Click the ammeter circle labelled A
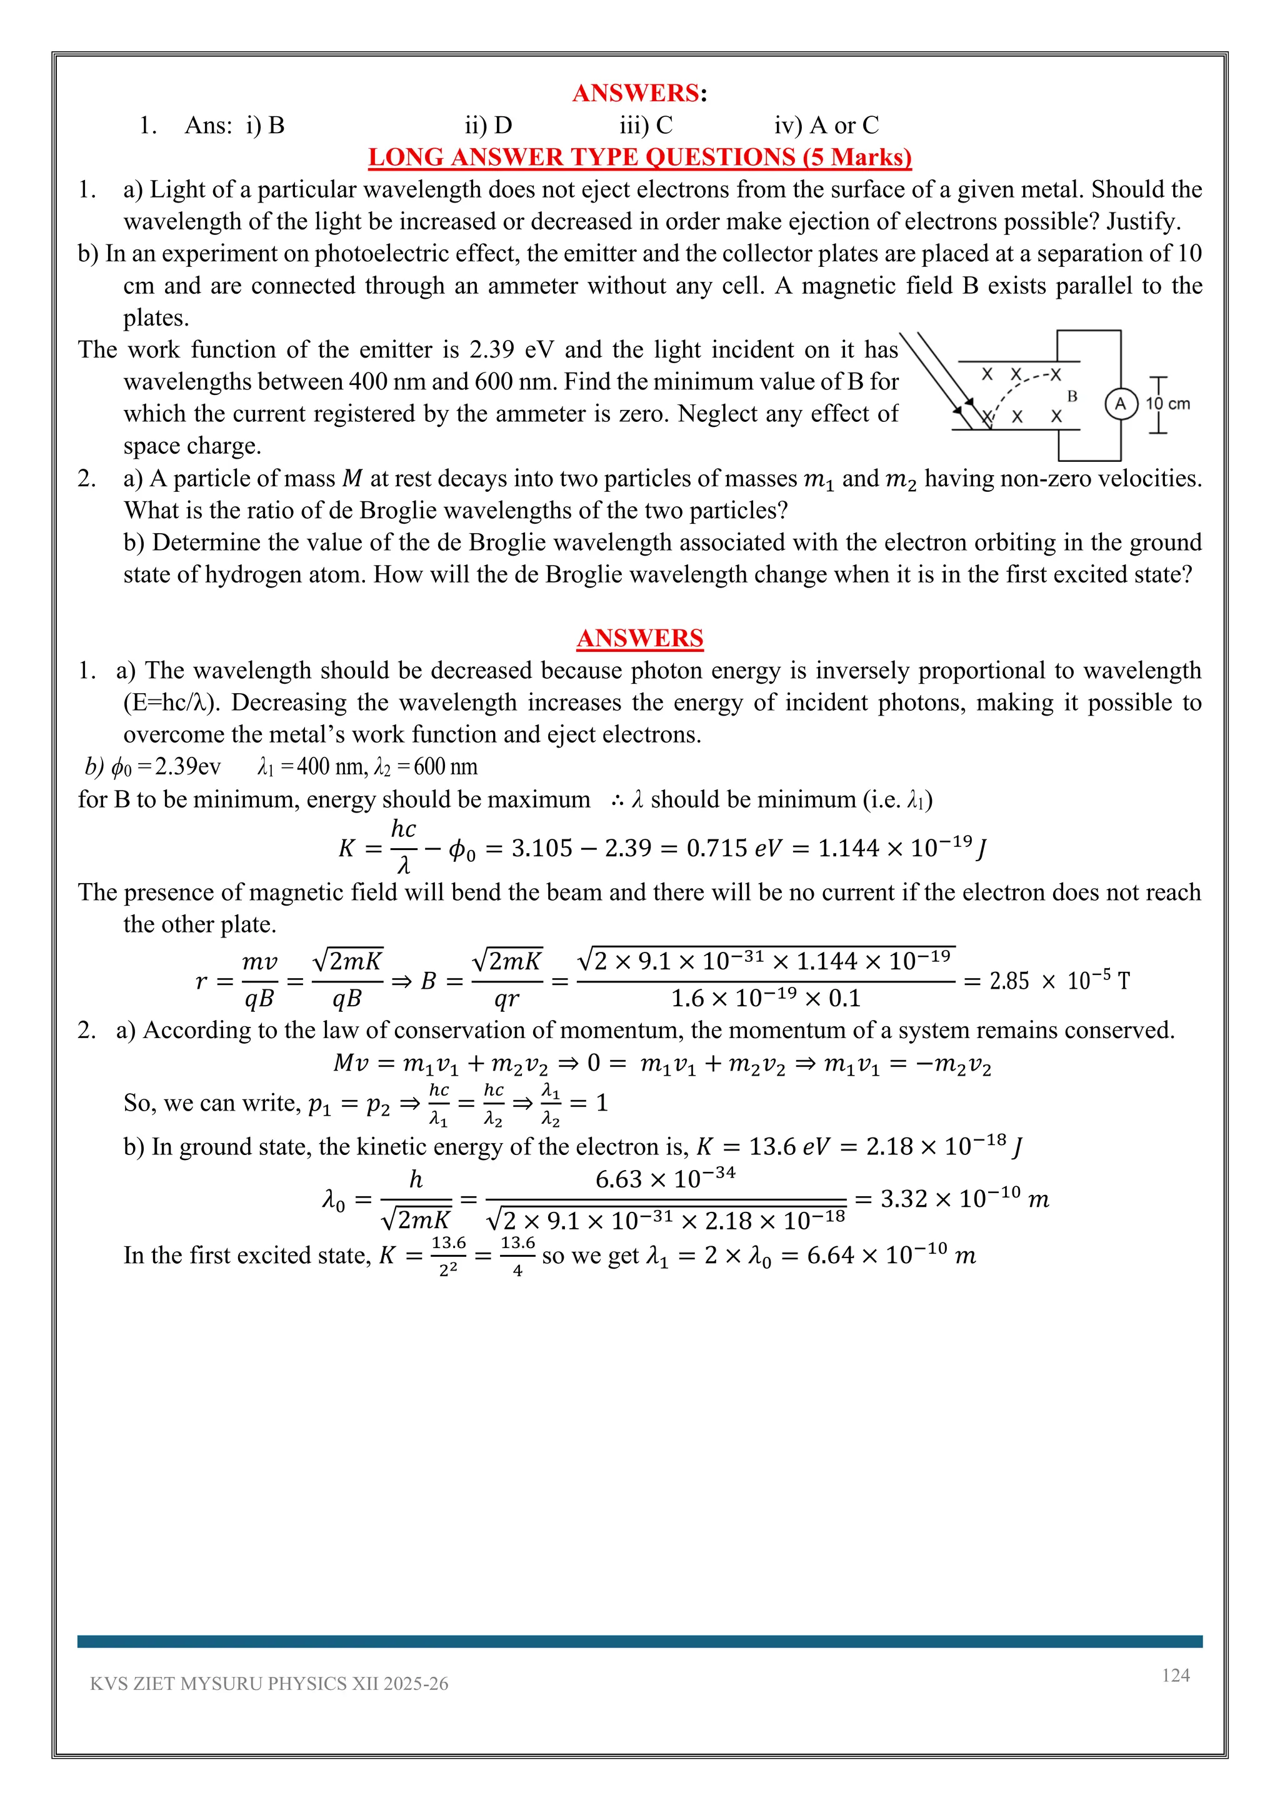tap(1120, 404)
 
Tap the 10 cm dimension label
tap(1168, 404)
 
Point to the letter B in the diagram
tap(1072, 396)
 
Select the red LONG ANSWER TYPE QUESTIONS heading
tap(639, 157)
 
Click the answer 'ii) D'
tap(488, 126)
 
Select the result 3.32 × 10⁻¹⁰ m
tap(964, 1199)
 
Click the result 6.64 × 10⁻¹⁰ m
tap(891, 1255)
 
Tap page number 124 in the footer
tap(1175, 1675)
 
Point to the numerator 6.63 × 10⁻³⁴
tap(664, 1179)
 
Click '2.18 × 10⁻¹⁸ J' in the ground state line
tap(944, 1146)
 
